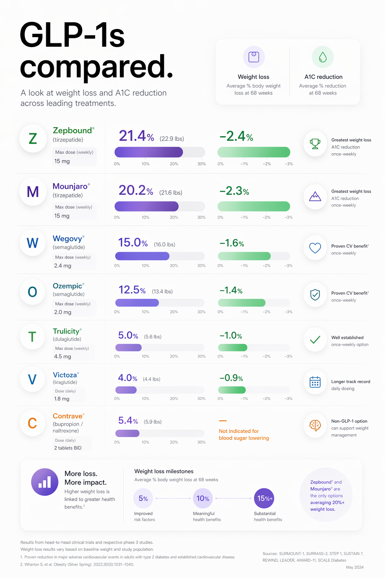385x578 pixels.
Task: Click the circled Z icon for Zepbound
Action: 33,139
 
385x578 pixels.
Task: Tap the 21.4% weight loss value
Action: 136,136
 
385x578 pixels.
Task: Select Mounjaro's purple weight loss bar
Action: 147,206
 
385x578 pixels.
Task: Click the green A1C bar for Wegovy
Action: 244,256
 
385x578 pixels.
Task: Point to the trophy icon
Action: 315,143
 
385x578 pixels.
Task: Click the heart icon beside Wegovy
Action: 315,248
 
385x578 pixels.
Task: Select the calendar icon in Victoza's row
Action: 315,382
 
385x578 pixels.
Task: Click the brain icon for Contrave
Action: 315,426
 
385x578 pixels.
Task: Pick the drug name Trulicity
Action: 66,331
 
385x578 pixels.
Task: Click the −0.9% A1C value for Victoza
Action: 231,378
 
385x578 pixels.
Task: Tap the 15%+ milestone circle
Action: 264,499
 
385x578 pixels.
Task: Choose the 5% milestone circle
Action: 143,499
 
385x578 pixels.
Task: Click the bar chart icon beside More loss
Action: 45,482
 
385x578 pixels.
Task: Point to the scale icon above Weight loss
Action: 254,57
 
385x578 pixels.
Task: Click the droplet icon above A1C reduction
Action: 323,57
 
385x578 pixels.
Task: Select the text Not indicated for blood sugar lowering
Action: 244,435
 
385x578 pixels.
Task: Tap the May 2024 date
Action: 355,567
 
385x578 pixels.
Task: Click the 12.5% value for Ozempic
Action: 132,290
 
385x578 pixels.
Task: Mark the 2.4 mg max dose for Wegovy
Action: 62,266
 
